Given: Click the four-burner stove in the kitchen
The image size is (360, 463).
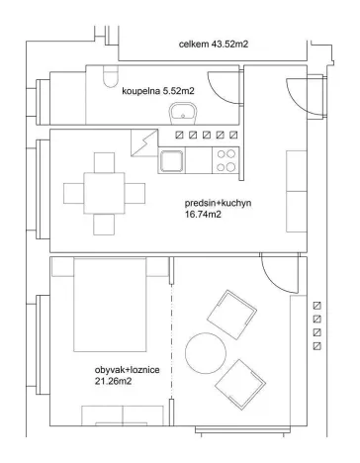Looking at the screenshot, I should (226, 158).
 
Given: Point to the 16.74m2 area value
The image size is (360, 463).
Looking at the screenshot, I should (205, 217).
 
